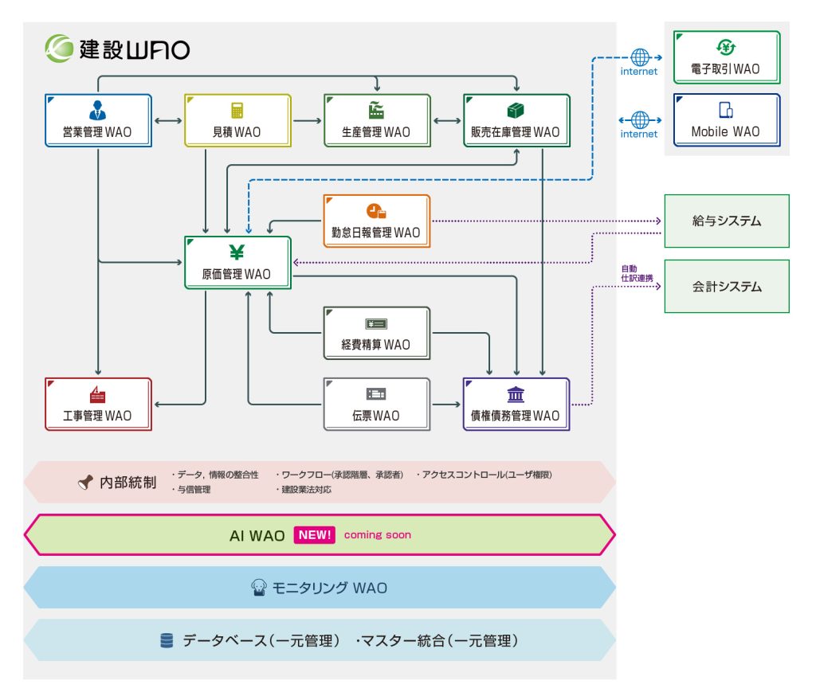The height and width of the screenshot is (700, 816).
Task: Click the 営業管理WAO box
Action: click(x=99, y=120)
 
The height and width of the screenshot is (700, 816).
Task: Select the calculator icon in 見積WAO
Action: click(x=237, y=111)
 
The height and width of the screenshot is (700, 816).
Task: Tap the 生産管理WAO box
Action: click(x=377, y=120)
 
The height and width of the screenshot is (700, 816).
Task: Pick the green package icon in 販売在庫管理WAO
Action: click(x=516, y=110)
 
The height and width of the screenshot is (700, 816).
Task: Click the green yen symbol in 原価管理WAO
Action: click(x=237, y=253)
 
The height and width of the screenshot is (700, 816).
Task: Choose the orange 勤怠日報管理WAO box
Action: click(x=376, y=221)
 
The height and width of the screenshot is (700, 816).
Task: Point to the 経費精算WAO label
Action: click(x=376, y=345)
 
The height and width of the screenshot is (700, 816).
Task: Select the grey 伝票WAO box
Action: click(x=377, y=404)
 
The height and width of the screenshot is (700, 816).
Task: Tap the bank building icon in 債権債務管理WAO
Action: click(x=516, y=394)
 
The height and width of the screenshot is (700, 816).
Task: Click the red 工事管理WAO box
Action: click(x=98, y=404)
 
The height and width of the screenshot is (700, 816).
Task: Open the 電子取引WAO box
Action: click(x=726, y=57)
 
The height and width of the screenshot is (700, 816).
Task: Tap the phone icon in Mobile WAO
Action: click(x=726, y=111)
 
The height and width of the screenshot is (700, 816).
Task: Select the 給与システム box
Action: click(x=727, y=221)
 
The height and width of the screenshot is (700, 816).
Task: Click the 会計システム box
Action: click(x=727, y=286)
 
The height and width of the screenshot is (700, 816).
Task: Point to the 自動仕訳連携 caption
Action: click(x=637, y=273)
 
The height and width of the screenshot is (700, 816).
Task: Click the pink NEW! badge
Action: click(x=315, y=535)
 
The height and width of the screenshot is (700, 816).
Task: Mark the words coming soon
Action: click(x=378, y=535)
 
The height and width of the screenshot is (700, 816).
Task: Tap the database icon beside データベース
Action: click(x=167, y=640)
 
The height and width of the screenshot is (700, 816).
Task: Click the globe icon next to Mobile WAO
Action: click(x=640, y=120)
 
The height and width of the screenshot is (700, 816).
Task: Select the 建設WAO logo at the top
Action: click(x=117, y=49)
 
